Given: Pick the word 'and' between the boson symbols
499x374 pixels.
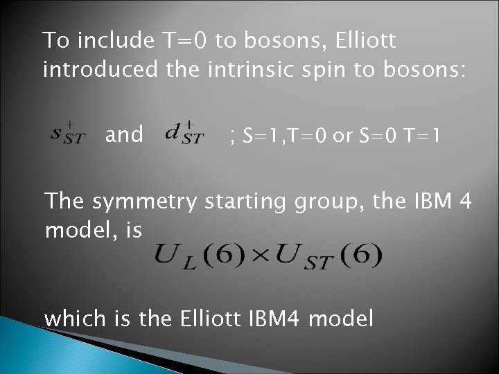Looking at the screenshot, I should (124, 134).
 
